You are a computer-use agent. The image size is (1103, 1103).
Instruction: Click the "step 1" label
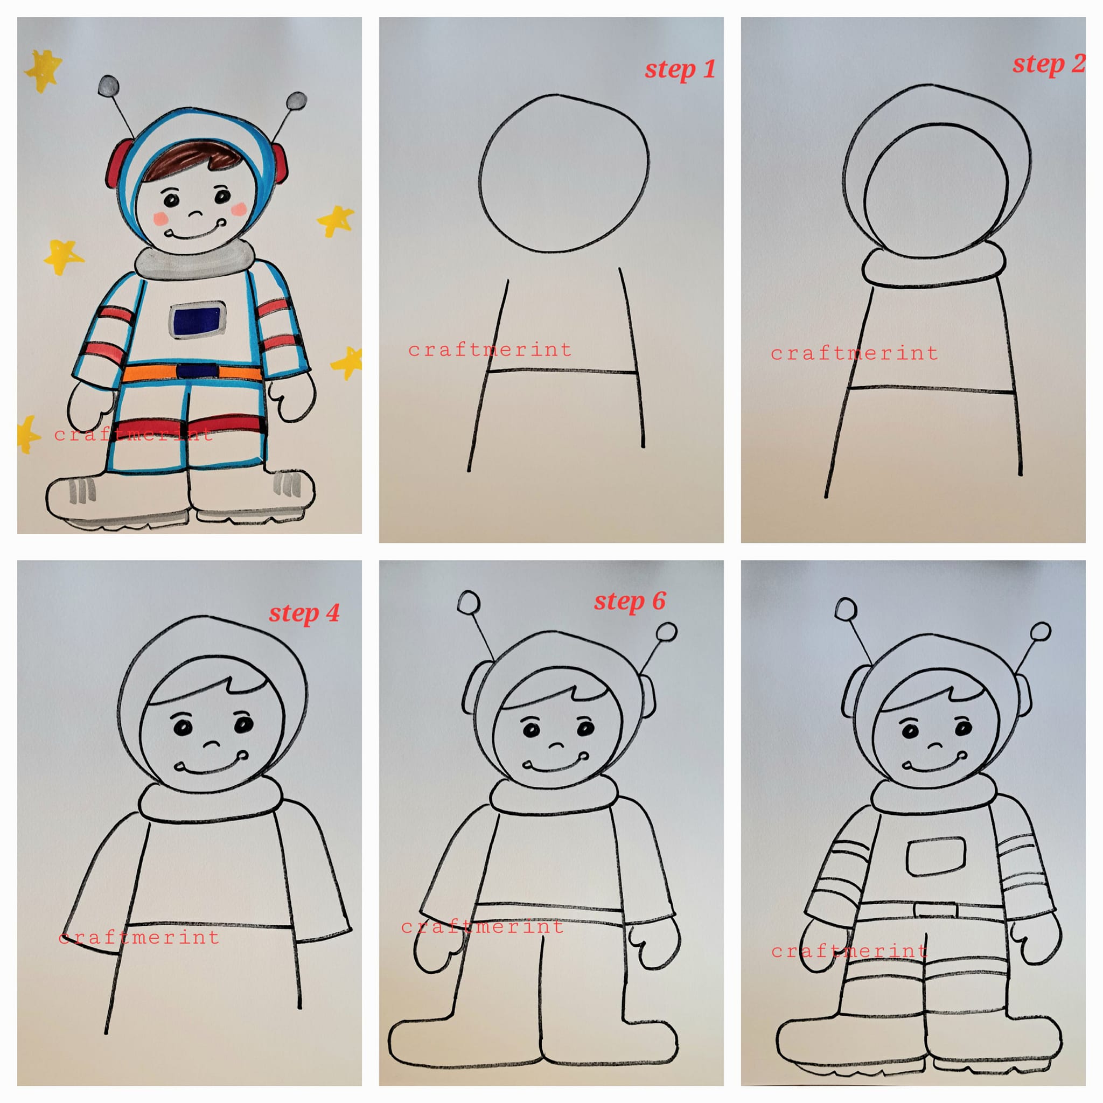coord(680,69)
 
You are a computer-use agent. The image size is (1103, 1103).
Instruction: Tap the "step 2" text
coord(1048,64)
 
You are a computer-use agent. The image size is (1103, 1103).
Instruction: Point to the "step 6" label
coord(630,601)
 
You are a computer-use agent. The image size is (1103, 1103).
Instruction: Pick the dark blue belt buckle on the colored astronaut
coord(197,371)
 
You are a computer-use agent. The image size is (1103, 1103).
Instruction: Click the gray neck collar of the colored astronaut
coord(194,260)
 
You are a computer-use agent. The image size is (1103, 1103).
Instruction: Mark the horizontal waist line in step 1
coord(562,372)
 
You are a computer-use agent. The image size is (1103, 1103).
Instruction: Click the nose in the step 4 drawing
coord(212,744)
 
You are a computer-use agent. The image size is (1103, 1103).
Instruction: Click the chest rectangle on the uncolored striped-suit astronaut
coord(936,856)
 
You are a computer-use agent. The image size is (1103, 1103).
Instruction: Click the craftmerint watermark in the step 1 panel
coord(490,350)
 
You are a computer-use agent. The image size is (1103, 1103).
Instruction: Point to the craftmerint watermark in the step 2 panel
coord(855,353)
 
